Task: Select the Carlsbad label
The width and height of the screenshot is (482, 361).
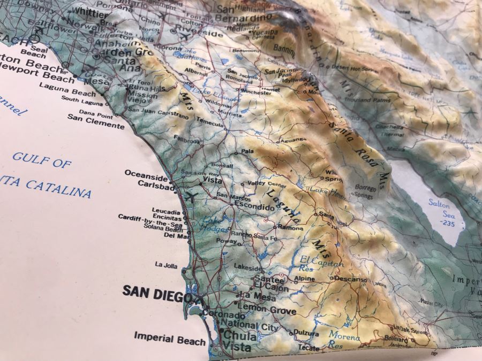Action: click(156, 183)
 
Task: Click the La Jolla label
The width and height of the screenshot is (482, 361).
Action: click(166, 264)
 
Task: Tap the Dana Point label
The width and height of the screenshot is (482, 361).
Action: click(95, 112)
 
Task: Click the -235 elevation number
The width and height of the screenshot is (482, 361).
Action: click(445, 224)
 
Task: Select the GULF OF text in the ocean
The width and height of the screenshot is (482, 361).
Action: click(42, 160)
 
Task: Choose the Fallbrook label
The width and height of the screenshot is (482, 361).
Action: click(186, 140)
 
